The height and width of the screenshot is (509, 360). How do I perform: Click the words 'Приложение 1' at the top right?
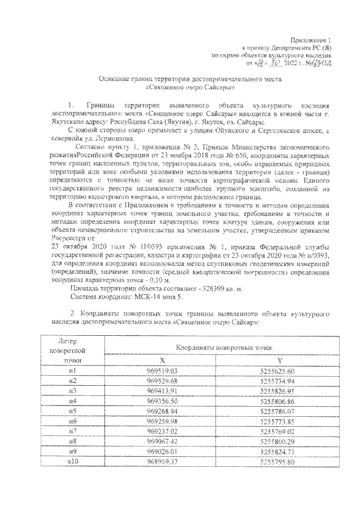[x=314, y=42]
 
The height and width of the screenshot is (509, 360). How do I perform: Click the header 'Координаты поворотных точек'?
[x=221, y=348]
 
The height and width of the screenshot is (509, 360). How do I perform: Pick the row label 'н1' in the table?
[x=73, y=371]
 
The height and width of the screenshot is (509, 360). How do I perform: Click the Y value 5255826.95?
[x=278, y=390]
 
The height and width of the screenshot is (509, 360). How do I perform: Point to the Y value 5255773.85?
[x=278, y=421]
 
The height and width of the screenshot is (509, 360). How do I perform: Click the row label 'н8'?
[x=73, y=441]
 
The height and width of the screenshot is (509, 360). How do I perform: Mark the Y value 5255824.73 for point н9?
[x=278, y=451]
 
